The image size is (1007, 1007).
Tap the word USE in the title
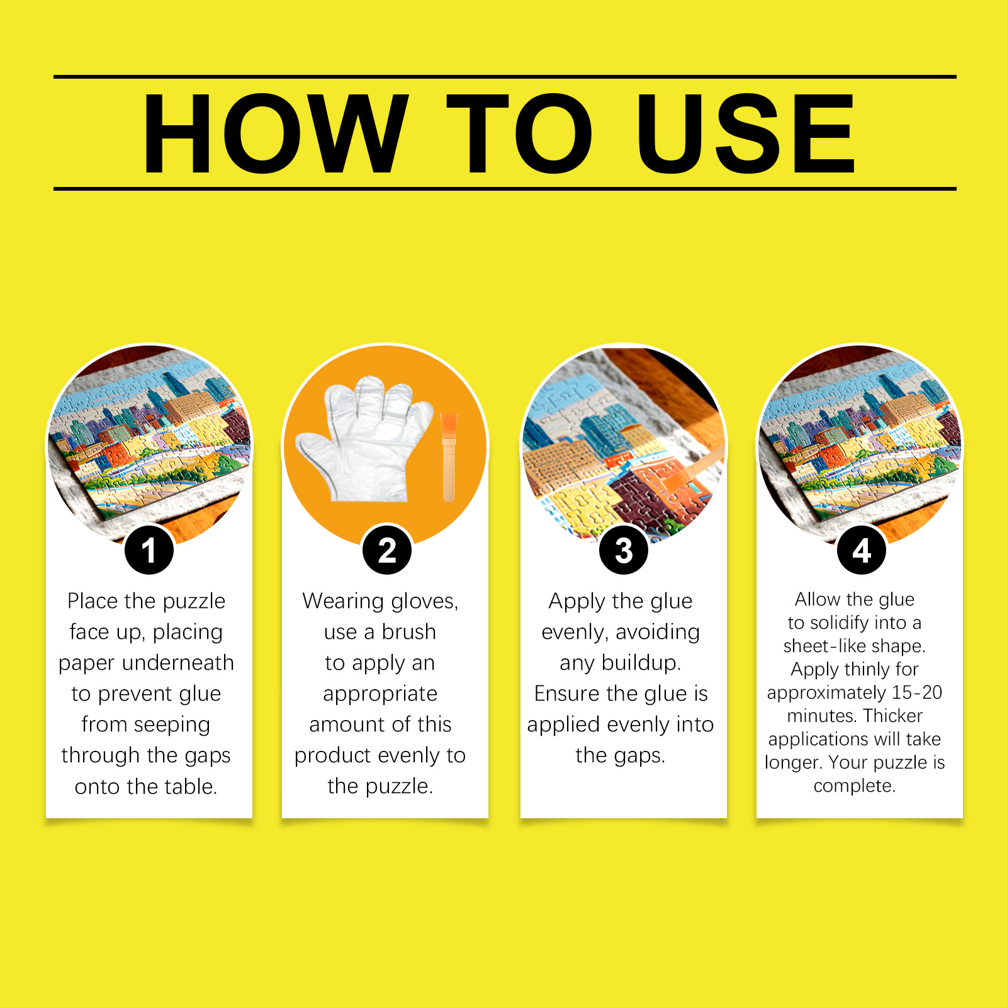745,133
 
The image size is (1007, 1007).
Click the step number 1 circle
149,550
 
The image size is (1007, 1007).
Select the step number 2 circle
387,550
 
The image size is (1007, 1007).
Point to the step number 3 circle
623,550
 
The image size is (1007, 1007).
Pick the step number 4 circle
861,550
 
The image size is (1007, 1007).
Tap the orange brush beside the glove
449,456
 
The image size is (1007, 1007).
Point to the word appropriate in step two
380,694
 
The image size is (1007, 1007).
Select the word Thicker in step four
892,716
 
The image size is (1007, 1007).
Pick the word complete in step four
853,785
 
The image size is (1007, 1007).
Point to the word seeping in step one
172,724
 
